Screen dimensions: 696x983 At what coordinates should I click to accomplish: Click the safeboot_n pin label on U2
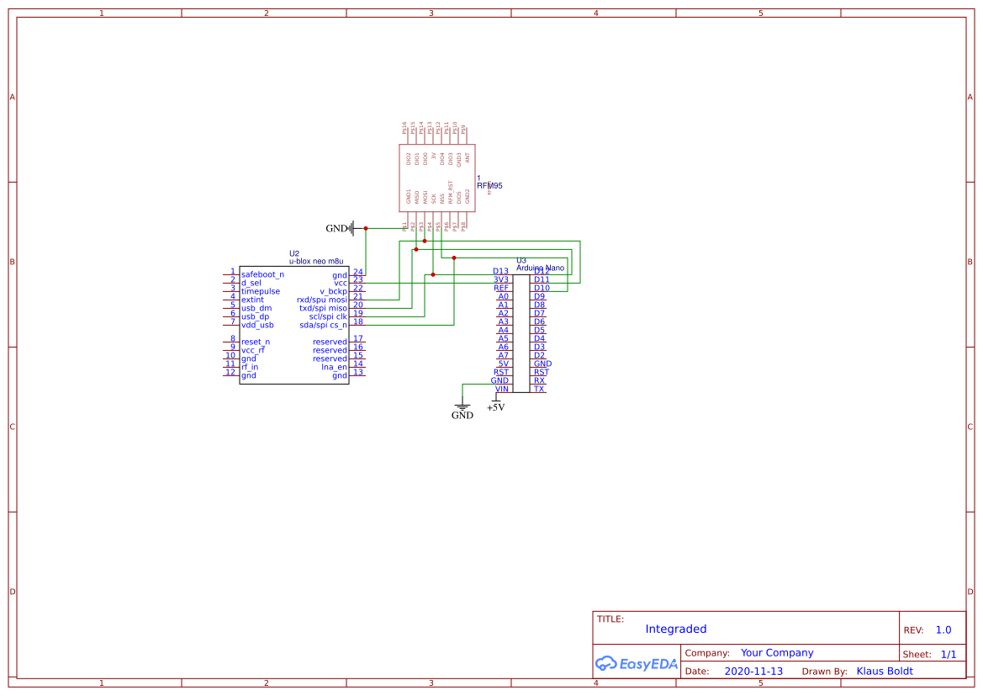(x=262, y=274)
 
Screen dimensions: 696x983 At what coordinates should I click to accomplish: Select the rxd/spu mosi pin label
(x=321, y=300)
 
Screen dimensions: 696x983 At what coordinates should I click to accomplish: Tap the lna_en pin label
(x=334, y=367)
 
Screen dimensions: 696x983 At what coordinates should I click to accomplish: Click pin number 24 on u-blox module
(x=357, y=272)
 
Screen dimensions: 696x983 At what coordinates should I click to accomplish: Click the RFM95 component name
(x=489, y=185)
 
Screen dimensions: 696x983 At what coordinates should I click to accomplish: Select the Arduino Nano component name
(x=540, y=268)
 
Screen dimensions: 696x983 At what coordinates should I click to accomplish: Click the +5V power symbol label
(x=495, y=407)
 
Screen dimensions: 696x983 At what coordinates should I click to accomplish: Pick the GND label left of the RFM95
(x=336, y=228)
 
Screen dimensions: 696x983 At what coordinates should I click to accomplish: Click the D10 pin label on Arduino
(x=542, y=288)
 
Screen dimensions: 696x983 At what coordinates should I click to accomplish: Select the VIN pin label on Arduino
(x=502, y=389)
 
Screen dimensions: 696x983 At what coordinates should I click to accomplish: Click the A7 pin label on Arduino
(x=503, y=355)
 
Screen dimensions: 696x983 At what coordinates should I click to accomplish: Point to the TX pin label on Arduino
(x=539, y=389)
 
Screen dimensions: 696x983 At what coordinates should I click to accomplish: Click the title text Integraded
(x=675, y=629)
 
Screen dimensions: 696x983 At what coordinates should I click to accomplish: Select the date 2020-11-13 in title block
(x=753, y=671)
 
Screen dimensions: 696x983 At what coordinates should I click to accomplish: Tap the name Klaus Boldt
(x=884, y=671)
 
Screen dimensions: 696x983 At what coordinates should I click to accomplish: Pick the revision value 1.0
(x=943, y=630)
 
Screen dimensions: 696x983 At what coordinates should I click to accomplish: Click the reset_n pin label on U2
(x=256, y=342)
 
